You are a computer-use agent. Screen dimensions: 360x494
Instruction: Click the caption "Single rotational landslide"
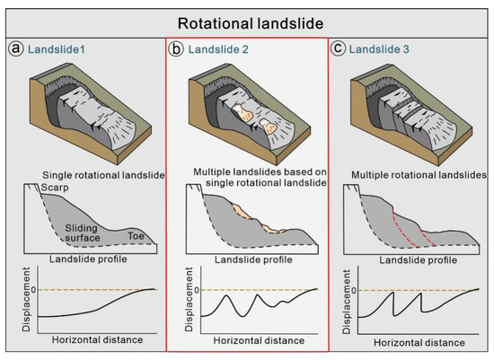pos(101,174)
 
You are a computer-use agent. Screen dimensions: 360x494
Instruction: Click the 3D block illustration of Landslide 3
pos(410,117)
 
